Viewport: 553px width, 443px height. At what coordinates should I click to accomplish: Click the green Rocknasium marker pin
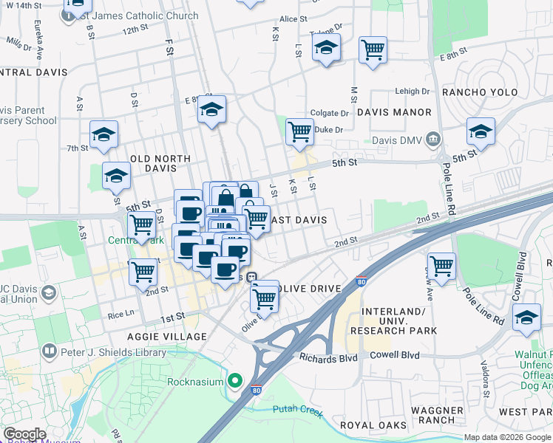click(236, 381)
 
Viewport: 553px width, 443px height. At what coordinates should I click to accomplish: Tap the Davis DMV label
click(404, 138)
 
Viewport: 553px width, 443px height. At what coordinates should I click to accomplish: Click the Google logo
click(24, 434)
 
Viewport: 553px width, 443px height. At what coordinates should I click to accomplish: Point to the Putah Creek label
click(297, 410)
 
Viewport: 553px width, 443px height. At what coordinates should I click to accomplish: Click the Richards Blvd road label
click(328, 357)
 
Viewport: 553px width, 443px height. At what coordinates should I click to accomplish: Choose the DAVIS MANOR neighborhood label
click(393, 112)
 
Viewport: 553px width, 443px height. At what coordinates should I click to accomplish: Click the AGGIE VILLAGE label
click(167, 336)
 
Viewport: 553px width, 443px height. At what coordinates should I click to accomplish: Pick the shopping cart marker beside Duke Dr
click(299, 132)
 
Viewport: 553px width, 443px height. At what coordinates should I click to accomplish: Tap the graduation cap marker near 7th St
click(104, 134)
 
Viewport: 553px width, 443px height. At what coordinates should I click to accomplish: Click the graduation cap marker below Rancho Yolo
click(481, 132)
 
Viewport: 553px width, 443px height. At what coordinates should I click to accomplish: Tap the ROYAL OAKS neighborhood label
click(373, 425)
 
